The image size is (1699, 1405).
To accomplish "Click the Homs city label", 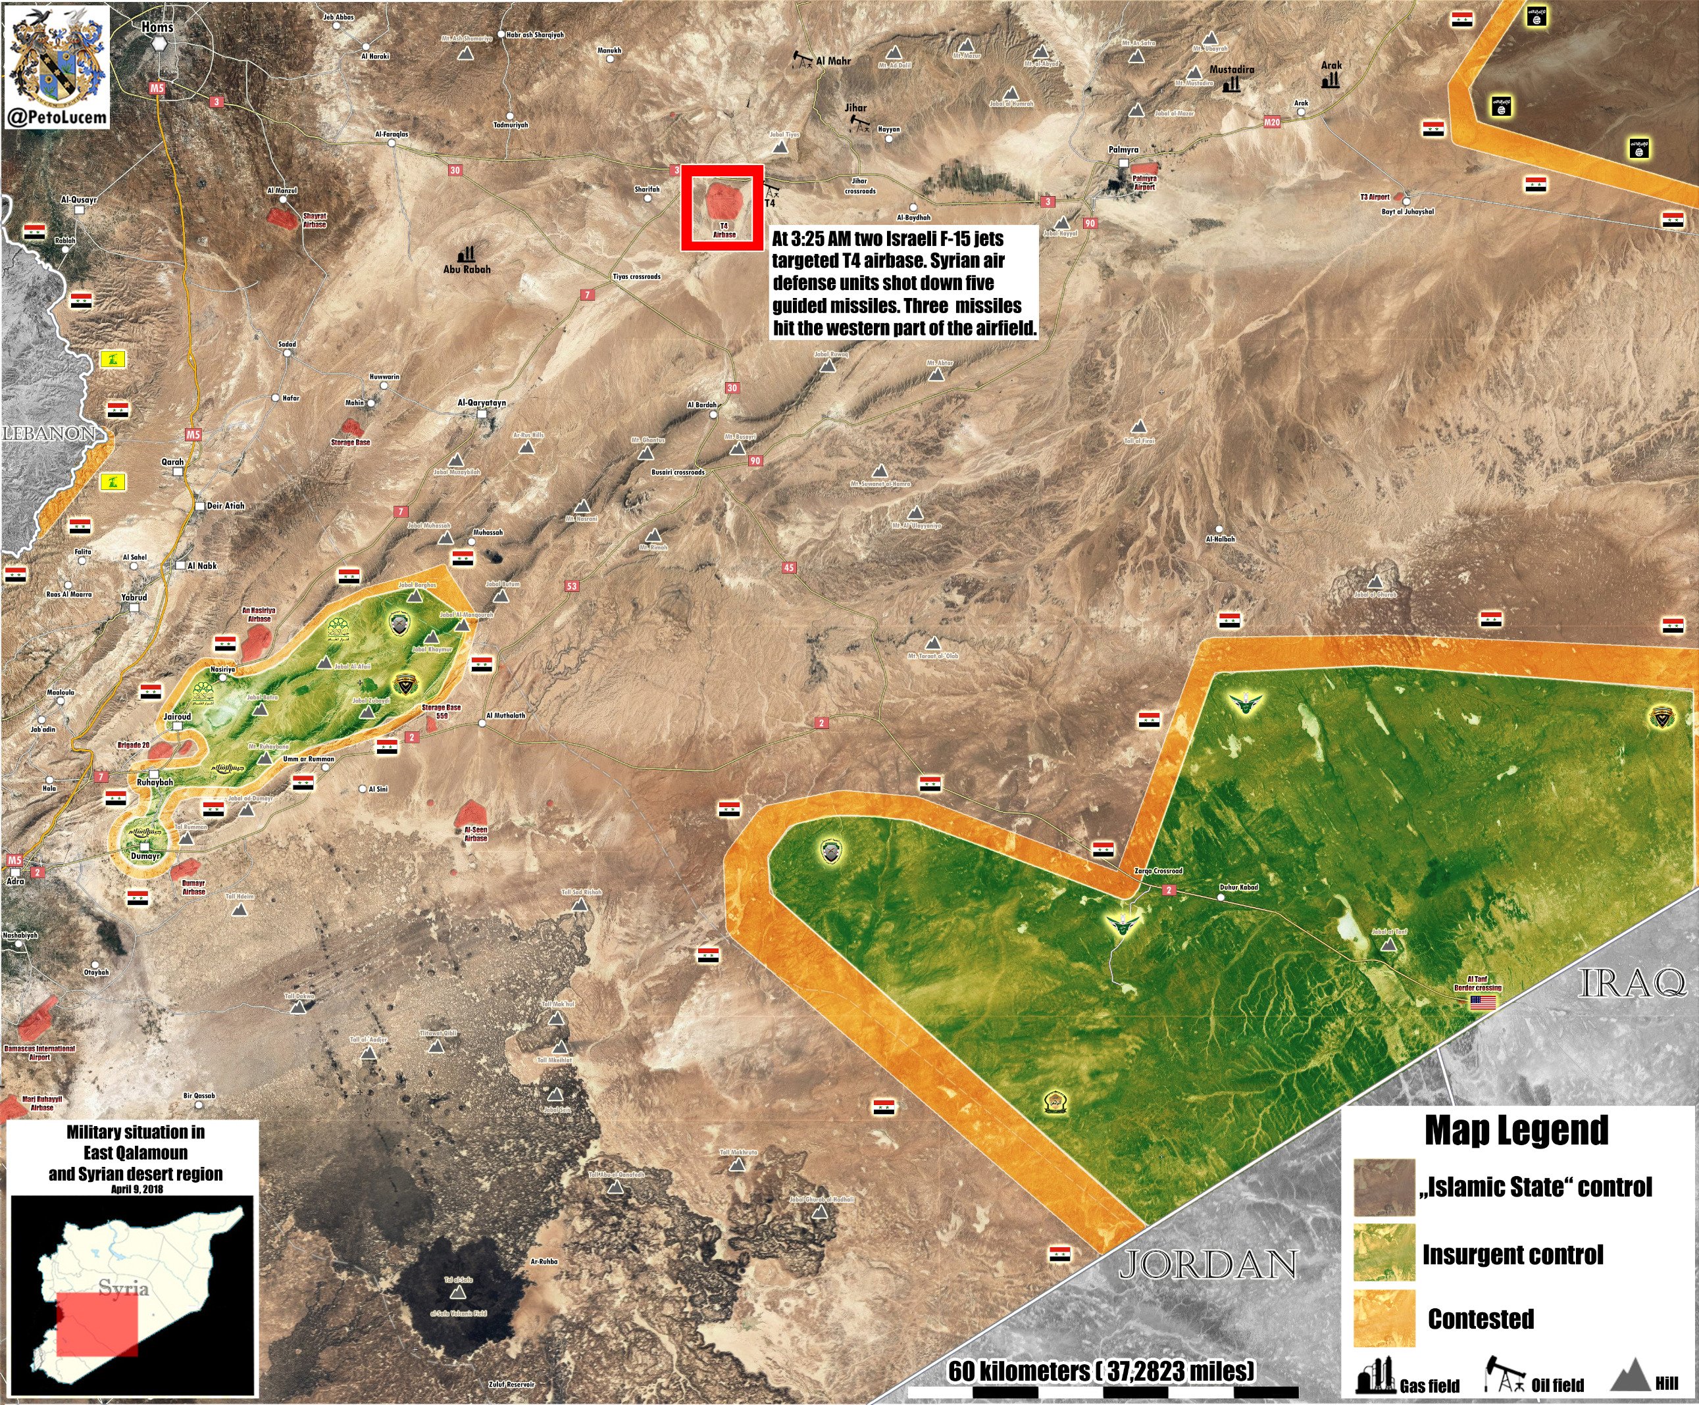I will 157,27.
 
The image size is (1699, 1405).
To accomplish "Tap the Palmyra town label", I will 1123,149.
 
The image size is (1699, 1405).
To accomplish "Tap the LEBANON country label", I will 49,433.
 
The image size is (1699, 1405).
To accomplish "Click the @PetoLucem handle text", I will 57,117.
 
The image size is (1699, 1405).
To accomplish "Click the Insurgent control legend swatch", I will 1384,1253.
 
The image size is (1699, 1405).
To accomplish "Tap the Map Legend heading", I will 1516,1131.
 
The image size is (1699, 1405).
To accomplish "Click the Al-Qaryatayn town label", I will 482,402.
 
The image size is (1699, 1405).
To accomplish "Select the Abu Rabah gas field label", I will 467,269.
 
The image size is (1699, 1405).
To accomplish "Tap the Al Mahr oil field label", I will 833,61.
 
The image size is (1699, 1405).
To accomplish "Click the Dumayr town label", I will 145,856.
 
